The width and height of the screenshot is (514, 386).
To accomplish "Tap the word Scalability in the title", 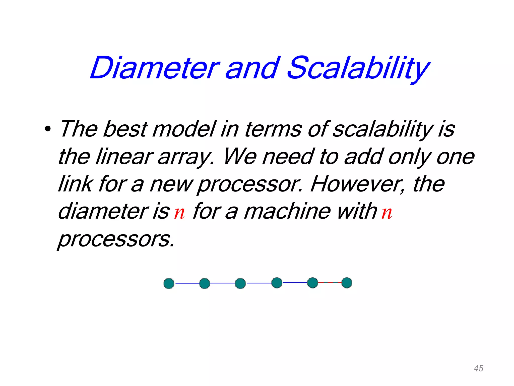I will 359,68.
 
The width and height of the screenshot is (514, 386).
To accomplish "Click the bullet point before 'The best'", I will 47,129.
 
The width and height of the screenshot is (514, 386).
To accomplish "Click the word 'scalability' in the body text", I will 383,129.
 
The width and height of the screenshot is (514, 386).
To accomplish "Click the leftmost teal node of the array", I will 169,283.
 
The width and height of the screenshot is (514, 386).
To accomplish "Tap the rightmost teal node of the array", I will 347,283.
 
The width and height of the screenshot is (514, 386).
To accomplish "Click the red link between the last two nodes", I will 330,283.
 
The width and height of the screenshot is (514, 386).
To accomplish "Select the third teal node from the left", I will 240,283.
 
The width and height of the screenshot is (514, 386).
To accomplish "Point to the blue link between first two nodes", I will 187,284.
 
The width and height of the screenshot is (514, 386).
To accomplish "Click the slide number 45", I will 478,368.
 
